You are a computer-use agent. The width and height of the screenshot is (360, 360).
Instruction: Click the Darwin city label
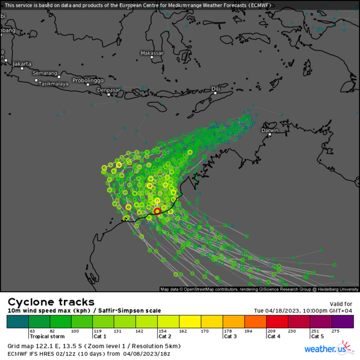click(x=270, y=130)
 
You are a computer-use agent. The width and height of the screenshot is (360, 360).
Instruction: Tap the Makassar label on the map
click(x=152, y=53)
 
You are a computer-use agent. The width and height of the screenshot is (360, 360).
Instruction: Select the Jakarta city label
click(x=22, y=64)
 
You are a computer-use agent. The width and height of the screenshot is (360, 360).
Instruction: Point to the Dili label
click(x=216, y=89)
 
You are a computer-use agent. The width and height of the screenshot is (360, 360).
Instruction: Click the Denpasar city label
click(x=109, y=90)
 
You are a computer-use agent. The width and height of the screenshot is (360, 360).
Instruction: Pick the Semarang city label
click(x=45, y=73)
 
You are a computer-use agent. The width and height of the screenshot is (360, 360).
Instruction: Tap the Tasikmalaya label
click(x=54, y=83)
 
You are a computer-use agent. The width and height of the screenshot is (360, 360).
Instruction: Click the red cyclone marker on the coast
click(x=157, y=211)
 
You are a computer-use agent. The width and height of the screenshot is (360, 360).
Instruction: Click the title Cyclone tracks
click(x=51, y=302)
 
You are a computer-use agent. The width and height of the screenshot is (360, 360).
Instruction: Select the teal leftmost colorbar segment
click(x=17, y=322)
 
